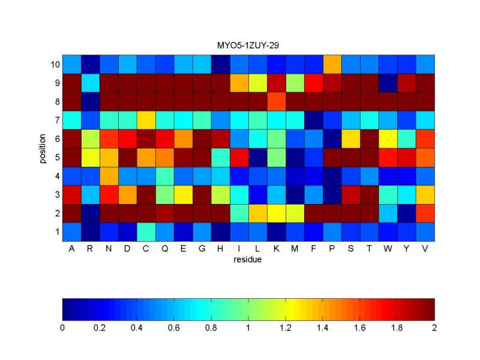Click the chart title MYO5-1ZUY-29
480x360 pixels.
point(248,46)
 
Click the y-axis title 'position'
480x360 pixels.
point(42,148)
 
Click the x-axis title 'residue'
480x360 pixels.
point(247,260)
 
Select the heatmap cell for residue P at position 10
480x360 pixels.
point(332,64)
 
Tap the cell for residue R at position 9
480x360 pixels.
point(91,83)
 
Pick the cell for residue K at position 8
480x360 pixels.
point(277,101)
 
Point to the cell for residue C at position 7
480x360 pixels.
point(146,121)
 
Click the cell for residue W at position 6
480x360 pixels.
point(388,139)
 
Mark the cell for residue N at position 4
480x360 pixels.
point(109,176)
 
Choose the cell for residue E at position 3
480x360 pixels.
point(184,195)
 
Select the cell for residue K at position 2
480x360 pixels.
point(277,214)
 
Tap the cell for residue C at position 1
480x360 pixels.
point(146,232)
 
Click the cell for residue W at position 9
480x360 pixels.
point(388,83)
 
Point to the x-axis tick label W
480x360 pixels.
point(388,248)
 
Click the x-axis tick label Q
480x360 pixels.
point(164,248)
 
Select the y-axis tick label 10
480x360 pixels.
point(55,65)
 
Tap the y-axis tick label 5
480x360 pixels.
point(57,158)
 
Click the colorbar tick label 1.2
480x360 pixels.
point(286,328)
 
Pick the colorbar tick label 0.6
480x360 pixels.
point(173,328)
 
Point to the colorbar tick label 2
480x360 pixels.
point(434,328)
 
